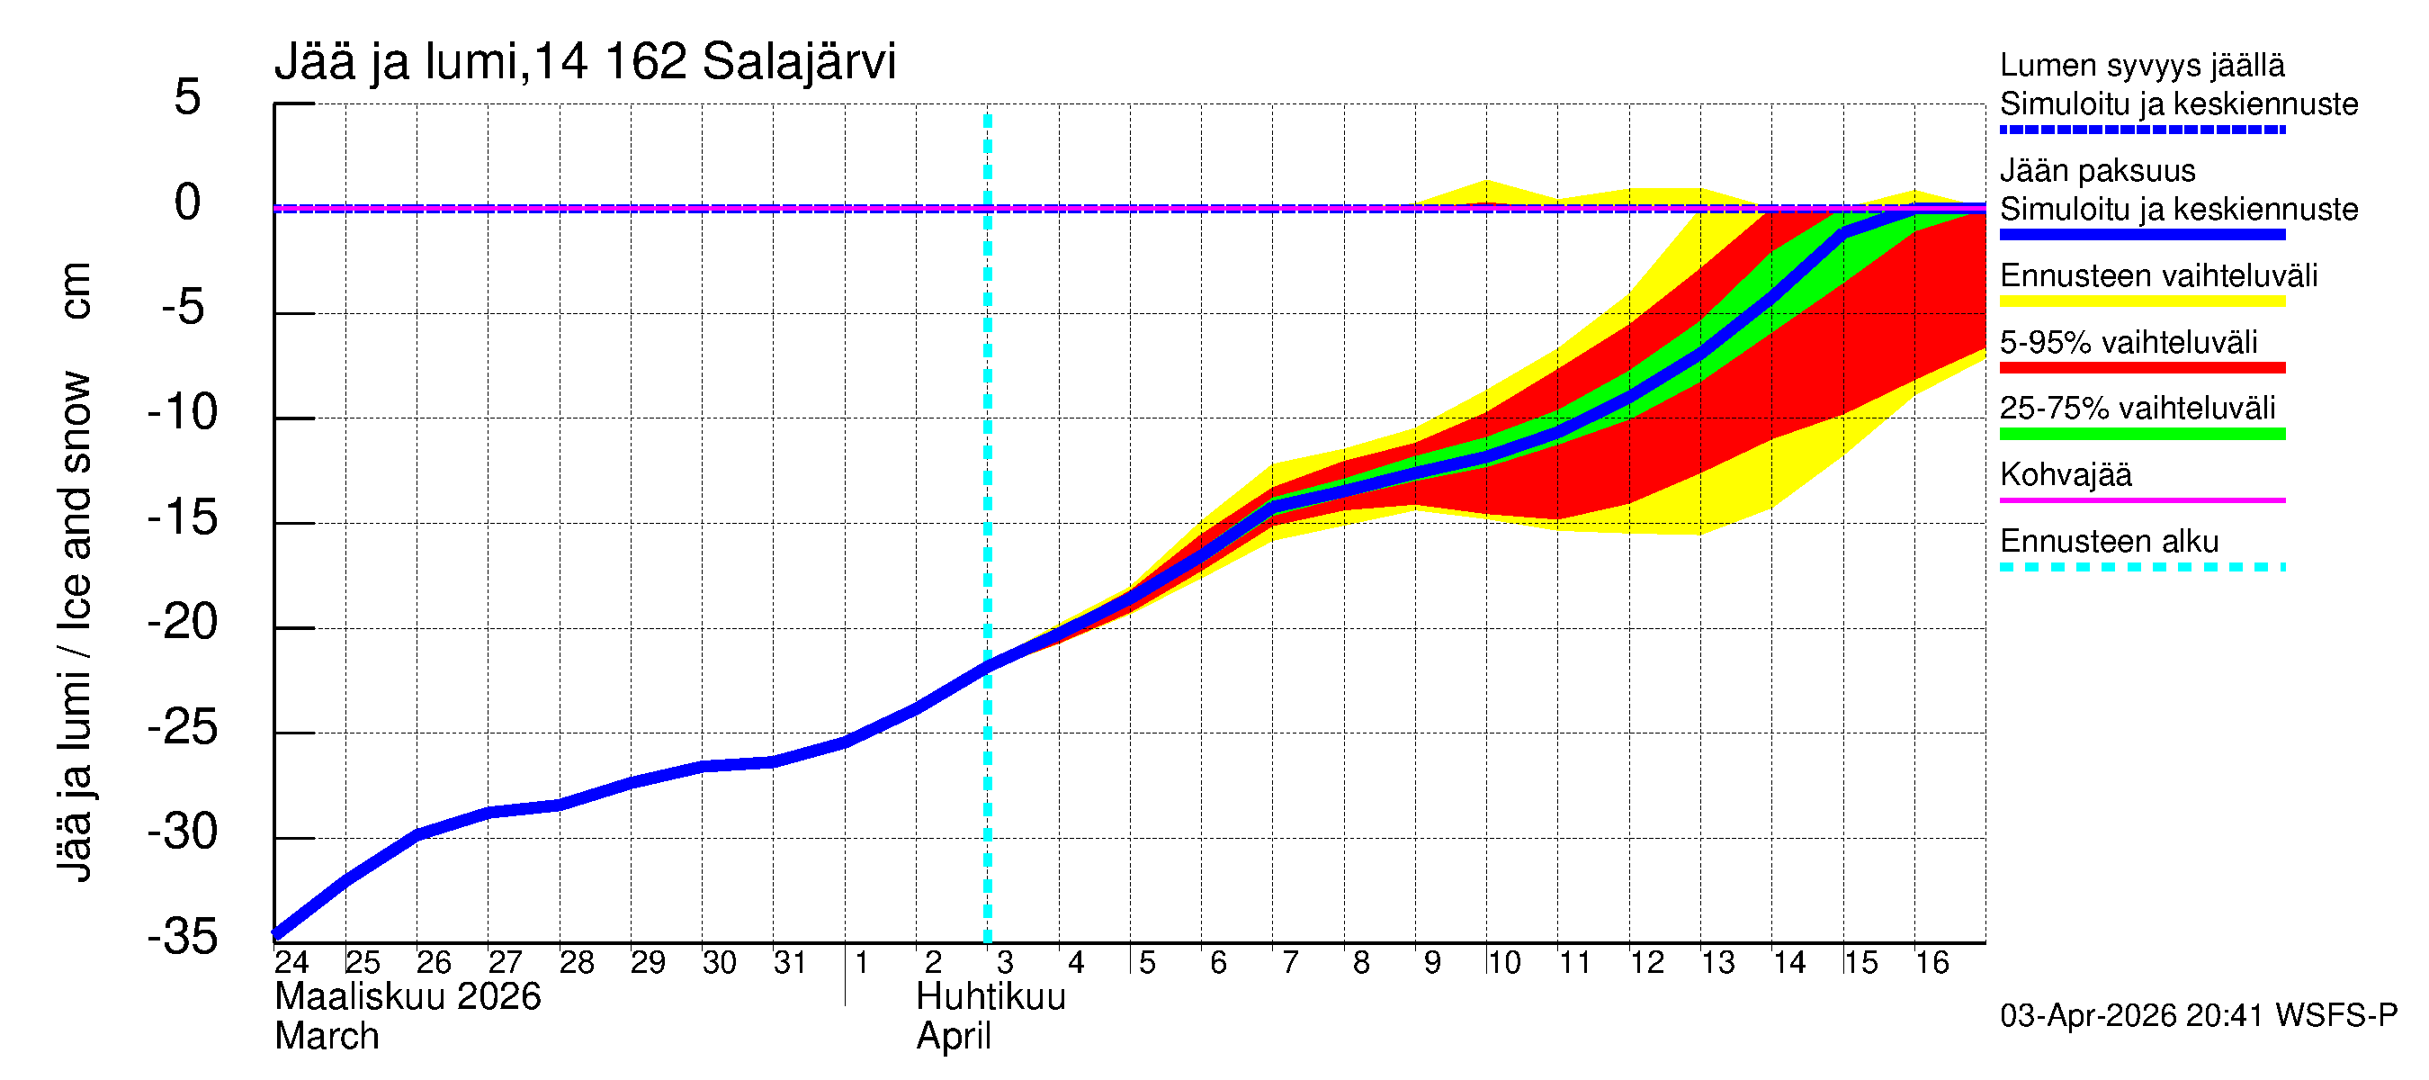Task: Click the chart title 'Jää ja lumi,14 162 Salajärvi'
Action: [585, 62]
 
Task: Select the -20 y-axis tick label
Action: [183, 623]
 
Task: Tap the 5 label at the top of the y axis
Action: [188, 97]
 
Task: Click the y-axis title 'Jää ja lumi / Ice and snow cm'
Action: [75, 571]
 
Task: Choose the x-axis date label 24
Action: [291, 962]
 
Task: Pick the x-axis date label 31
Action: [790, 962]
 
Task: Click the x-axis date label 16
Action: [1932, 962]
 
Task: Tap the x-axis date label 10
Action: [1503, 962]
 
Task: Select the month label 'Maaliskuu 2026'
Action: [408, 997]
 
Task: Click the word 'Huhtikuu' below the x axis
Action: [990, 997]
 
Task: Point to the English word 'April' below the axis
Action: [954, 1037]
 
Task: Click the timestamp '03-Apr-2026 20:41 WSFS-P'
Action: [2198, 1016]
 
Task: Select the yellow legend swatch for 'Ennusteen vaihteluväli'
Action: [2142, 301]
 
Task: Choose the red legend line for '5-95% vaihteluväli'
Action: [2142, 368]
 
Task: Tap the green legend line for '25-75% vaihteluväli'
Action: [2142, 434]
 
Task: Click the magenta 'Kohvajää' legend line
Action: [2142, 499]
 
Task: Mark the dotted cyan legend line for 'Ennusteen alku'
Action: [2142, 567]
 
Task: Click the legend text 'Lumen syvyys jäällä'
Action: [2142, 66]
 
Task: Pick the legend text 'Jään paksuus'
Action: [2098, 171]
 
